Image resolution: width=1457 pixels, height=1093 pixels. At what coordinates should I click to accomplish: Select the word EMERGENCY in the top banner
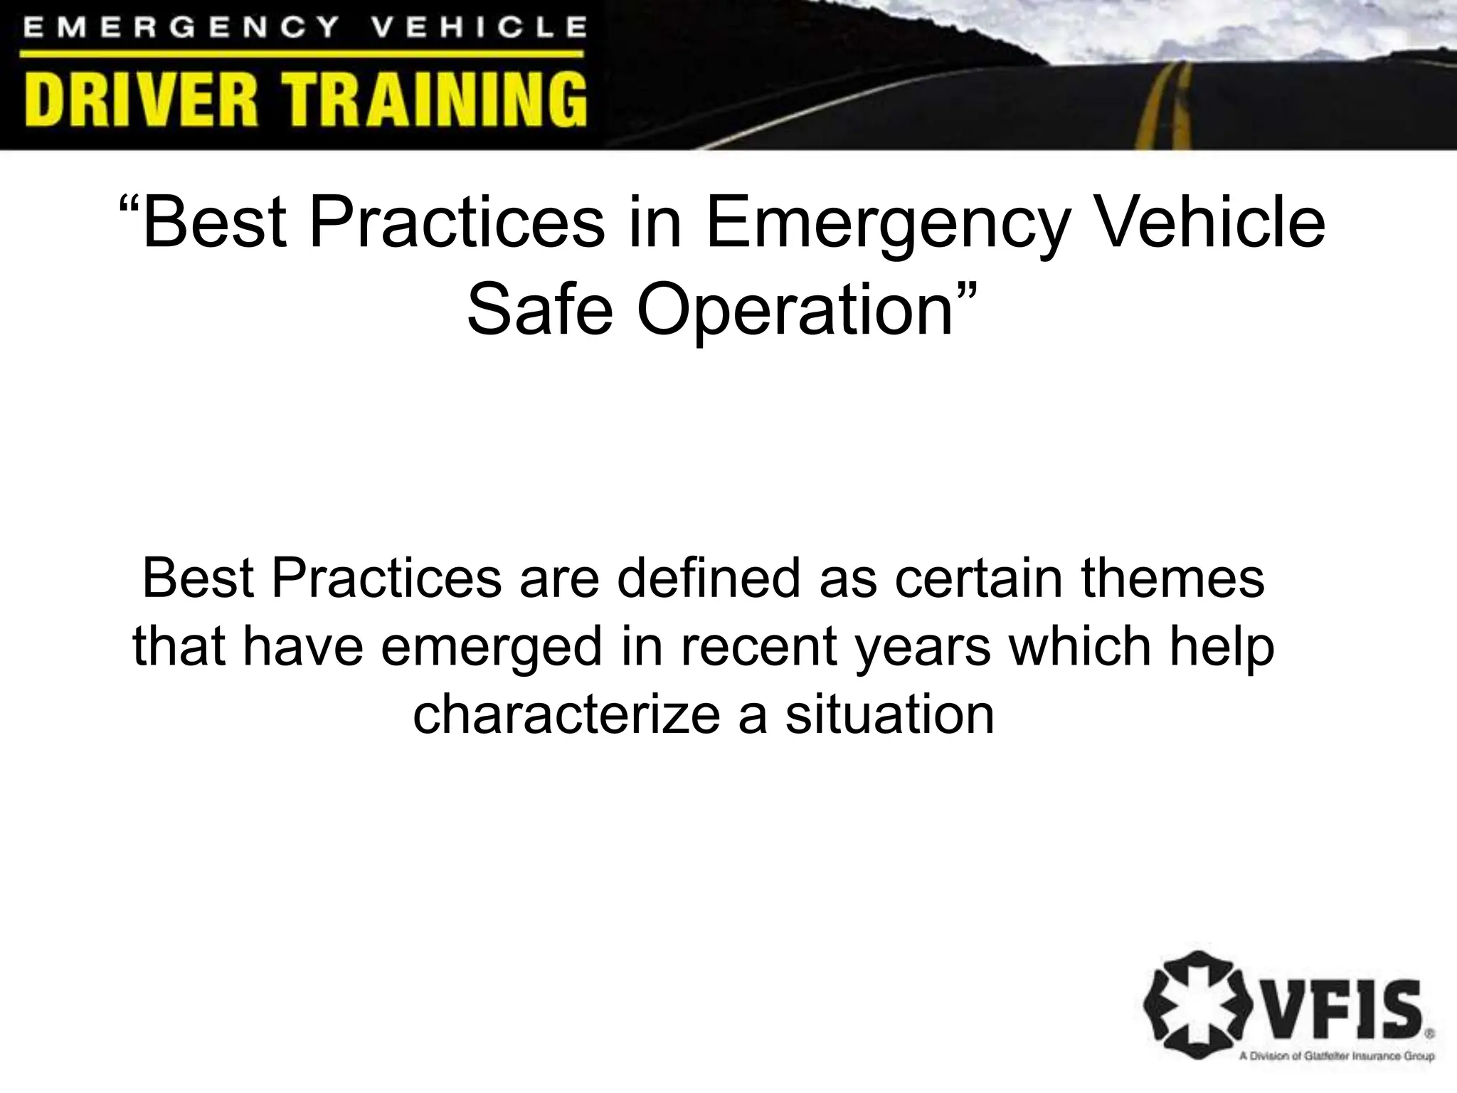(182, 28)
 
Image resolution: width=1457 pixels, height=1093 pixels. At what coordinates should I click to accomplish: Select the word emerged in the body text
(491, 648)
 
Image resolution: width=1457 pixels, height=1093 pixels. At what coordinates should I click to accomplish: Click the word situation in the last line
(889, 714)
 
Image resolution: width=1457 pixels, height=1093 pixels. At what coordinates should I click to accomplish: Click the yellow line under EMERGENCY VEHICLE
(302, 54)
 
